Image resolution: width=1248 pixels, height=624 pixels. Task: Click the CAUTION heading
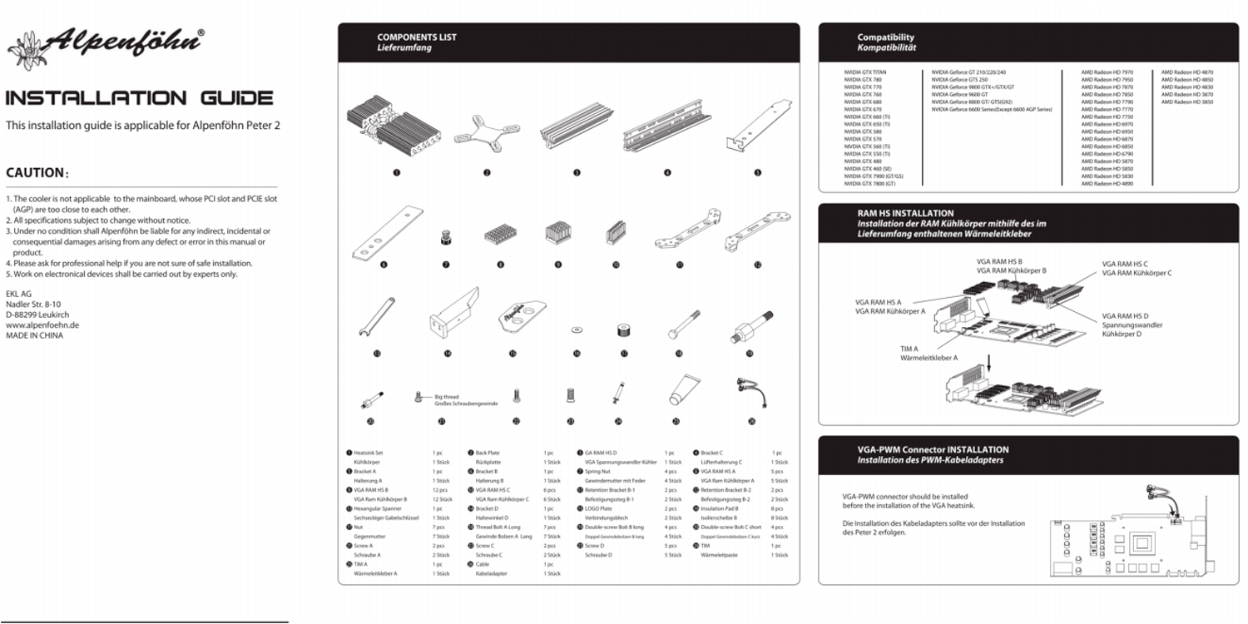pyautogui.click(x=36, y=173)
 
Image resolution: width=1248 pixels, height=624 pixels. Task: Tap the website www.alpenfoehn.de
pyautogui.click(x=42, y=325)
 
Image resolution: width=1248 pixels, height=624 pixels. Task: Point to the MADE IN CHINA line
pyautogui.click(x=34, y=336)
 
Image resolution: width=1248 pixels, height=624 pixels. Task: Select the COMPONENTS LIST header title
pyautogui.click(x=417, y=37)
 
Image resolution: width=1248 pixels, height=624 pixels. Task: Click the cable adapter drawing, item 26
pyautogui.click(x=750, y=392)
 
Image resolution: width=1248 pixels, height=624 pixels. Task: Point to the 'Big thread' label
pyautogui.click(x=446, y=397)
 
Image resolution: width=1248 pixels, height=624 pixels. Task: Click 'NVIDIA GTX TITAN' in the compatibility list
pyautogui.click(x=865, y=72)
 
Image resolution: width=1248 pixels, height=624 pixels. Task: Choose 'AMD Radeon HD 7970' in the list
pyautogui.click(x=1107, y=72)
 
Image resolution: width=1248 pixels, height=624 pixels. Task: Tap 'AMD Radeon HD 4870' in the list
pyautogui.click(x=1187, y=72)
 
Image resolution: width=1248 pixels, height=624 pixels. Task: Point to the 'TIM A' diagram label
pyautogui.click(x=909, y=349)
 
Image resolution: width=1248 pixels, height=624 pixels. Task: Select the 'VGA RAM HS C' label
pyautogui.click(x=1125, y=264)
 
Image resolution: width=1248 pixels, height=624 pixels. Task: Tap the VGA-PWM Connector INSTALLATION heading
pyautogui.click(x=933, y=450)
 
